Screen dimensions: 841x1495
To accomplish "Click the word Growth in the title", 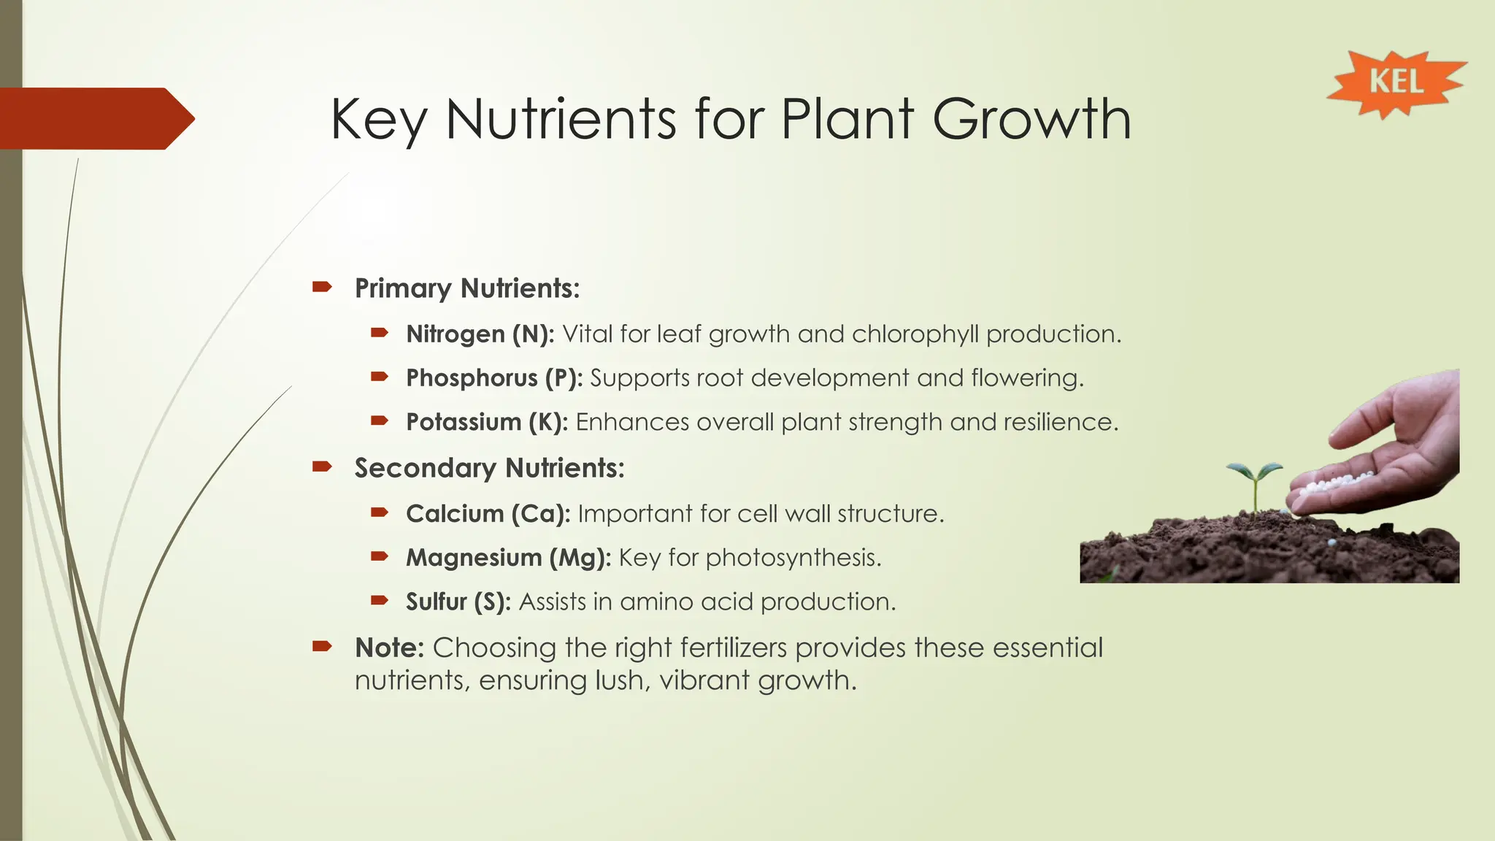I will click(x=1031, y=119).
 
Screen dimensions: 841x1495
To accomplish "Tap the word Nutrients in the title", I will click(x=561, y=119).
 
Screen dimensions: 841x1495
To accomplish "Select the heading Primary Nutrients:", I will click(x=467, y=288).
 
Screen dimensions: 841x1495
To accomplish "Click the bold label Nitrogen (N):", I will click(x=480, y=334).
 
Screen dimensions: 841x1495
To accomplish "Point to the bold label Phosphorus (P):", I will click(x=493, y=378).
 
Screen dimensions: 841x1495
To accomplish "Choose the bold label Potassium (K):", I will click(x=486, y=423).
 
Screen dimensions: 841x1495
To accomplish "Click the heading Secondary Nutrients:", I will click(x=489, y=468).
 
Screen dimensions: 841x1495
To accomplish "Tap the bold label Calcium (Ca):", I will click(x=488, y=514).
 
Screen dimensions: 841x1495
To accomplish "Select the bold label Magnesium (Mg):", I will click(x=508, y=558).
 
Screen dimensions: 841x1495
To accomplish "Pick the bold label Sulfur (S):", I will click(x=458, y=602).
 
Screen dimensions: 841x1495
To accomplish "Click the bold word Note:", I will click(x=389, y=648).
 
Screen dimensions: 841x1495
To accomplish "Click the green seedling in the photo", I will click(x=1254, y=482).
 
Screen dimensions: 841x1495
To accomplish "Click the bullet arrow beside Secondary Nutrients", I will click(x=322, y=466).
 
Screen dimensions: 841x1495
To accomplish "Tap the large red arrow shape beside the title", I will click(x=95, y=118).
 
